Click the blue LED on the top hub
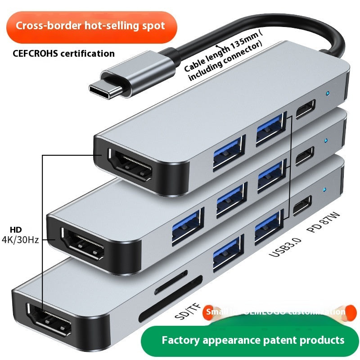click(328, 94)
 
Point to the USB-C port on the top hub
click(306, 108)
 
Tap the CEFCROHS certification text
click(63, 54)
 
